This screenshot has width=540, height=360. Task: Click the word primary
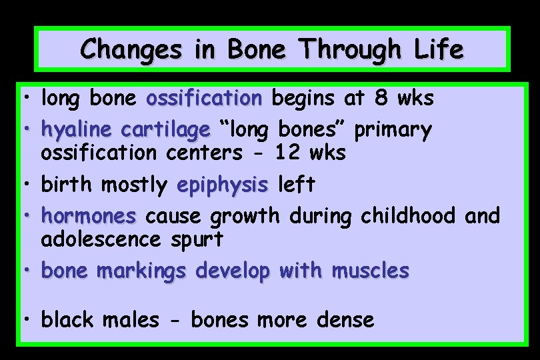pyautogui.click(x=393, y=129)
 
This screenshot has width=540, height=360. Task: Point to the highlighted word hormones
pyautogui.click(x=89, y=215)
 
